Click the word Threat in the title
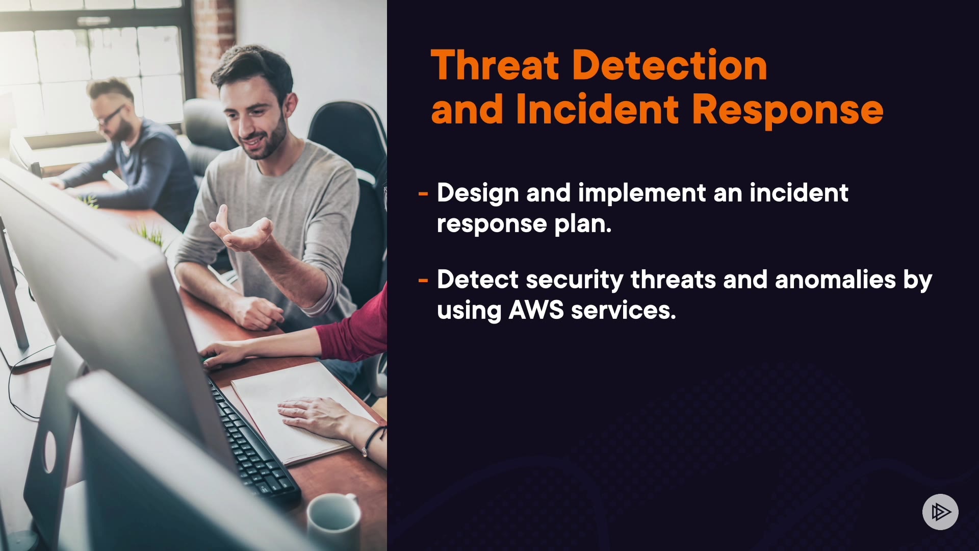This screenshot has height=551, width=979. tap(495, 65)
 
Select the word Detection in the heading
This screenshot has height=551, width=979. tap(669, 65)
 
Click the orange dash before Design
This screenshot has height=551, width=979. tap(423, 194)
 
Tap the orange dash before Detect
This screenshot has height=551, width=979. tap(423, 280)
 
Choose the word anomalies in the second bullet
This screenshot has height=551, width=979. tap(835, 280)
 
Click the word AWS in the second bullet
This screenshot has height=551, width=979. tap(536, 310)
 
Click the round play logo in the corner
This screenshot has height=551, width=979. tap(940, 512)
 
